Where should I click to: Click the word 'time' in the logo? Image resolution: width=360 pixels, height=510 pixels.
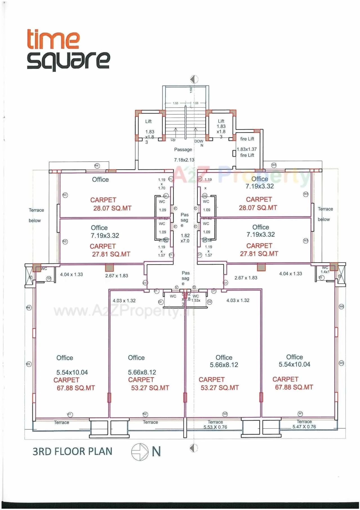point(53,39)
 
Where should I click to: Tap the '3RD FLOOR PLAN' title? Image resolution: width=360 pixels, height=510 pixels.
point(72,451)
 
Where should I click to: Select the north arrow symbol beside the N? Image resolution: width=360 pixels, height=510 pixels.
point(140,452)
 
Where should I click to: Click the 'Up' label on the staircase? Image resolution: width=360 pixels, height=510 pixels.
point(173,140)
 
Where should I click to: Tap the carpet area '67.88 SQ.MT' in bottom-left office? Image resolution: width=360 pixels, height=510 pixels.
point(75,388)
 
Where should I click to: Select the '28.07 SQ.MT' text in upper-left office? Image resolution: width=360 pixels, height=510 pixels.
point(112,208)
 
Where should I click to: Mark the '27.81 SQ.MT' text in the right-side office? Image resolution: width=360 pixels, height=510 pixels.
point(259,254)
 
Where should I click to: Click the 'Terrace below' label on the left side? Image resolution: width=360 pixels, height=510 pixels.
point(36,215)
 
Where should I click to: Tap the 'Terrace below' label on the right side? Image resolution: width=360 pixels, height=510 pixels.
point(325,214)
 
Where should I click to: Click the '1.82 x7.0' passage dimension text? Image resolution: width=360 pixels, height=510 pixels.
point(185,238)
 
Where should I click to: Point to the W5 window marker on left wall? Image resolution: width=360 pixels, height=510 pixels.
point(28,364)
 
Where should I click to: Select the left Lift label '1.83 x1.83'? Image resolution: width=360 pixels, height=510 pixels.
point(149,134)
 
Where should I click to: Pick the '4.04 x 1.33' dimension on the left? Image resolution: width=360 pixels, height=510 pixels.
point(71,274)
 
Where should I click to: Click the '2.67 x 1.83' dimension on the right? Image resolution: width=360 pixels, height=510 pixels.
point(246,278)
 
